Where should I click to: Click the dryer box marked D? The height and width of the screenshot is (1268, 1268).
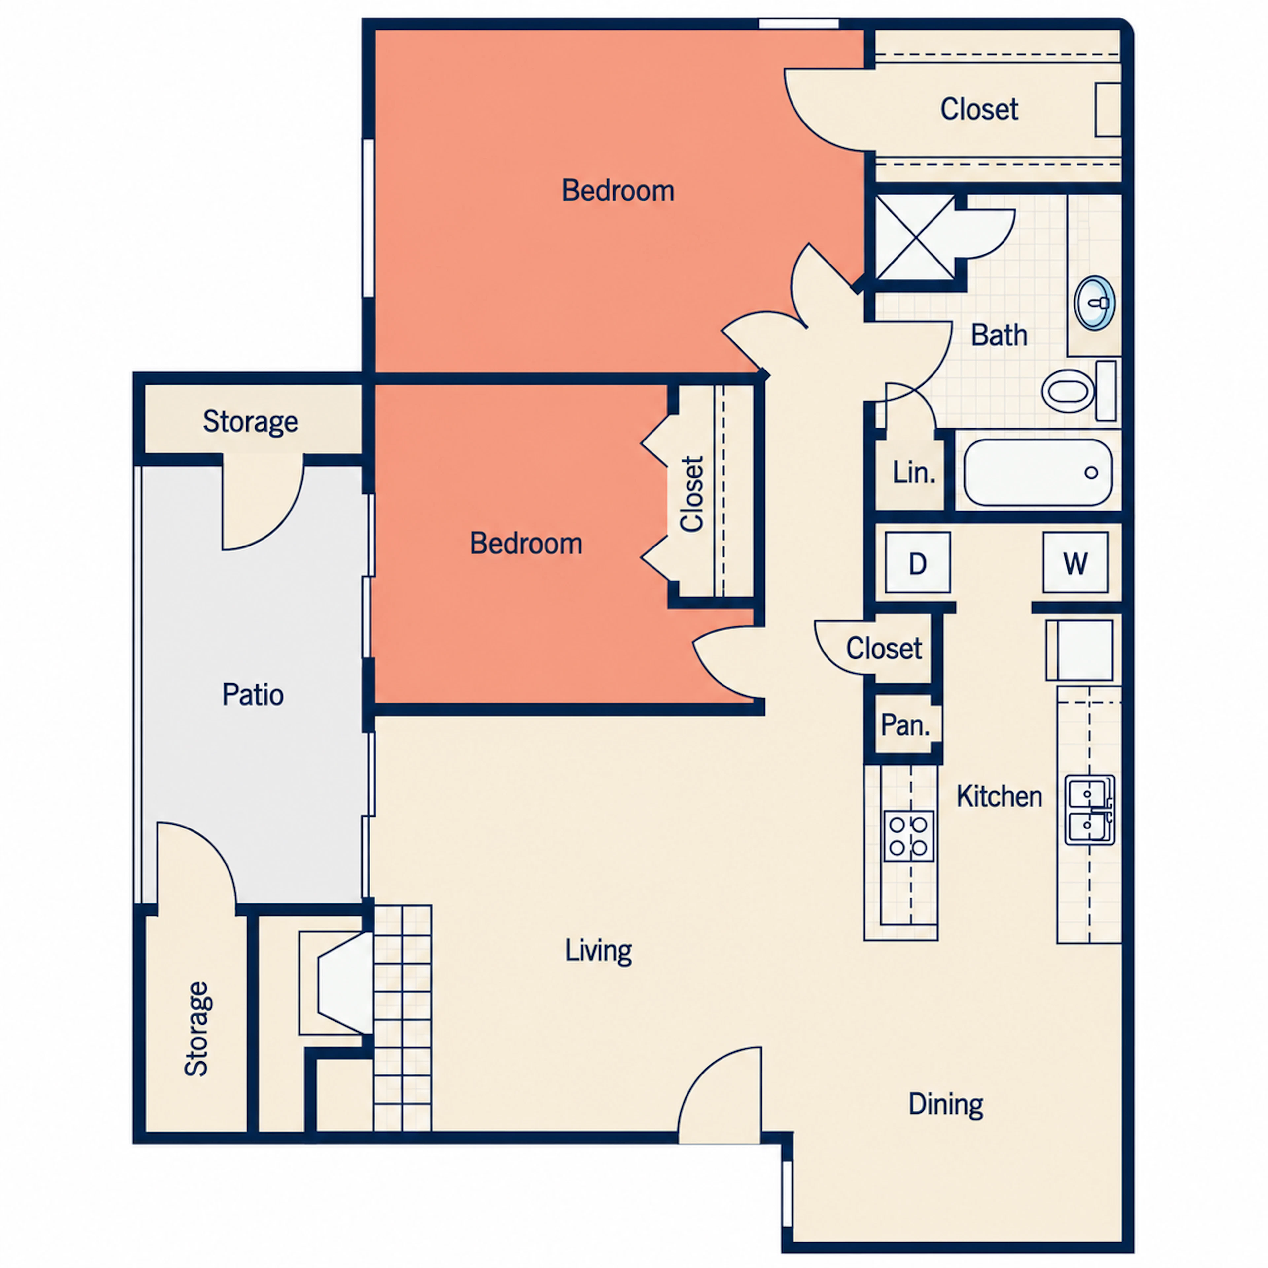click(918, 562)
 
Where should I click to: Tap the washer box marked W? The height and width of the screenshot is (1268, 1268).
click(1075, 562)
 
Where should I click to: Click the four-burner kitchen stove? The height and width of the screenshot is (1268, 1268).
click(908, 836)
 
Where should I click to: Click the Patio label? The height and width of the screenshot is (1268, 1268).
click(253, 694)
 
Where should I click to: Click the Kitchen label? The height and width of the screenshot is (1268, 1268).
click(999, 796)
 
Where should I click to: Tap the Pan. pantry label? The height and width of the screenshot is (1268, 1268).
click(905, 724)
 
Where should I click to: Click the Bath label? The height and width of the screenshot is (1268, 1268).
click(999, 335)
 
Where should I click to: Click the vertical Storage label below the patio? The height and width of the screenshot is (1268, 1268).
click(196, 1029)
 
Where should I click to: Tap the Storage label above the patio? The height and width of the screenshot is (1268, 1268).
click(250, 421)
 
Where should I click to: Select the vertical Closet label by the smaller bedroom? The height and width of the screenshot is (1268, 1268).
click(692, 494)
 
